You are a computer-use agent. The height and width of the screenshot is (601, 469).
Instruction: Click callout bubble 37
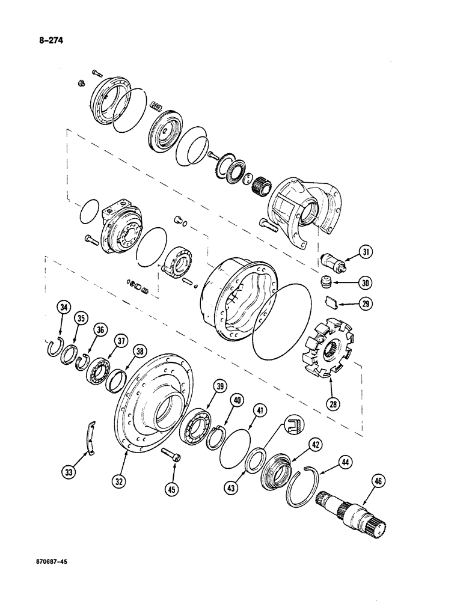pos(122,341)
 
